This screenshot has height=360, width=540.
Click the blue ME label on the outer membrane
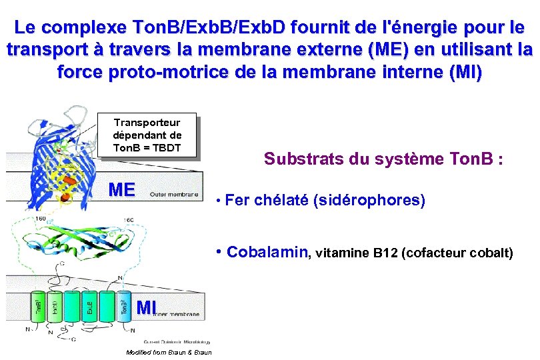coord(121,189)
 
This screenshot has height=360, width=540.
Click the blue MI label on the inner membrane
coord(146,307)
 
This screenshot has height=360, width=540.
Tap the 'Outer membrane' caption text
coord(173,195)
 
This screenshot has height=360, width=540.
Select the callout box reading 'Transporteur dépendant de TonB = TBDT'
coord(147,135)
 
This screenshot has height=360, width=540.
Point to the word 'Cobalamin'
coord(268,252)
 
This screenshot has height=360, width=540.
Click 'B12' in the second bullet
coord(385,253)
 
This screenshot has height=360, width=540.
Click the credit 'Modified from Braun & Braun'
coord(168,352)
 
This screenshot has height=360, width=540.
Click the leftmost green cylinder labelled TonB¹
coord(38,309)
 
